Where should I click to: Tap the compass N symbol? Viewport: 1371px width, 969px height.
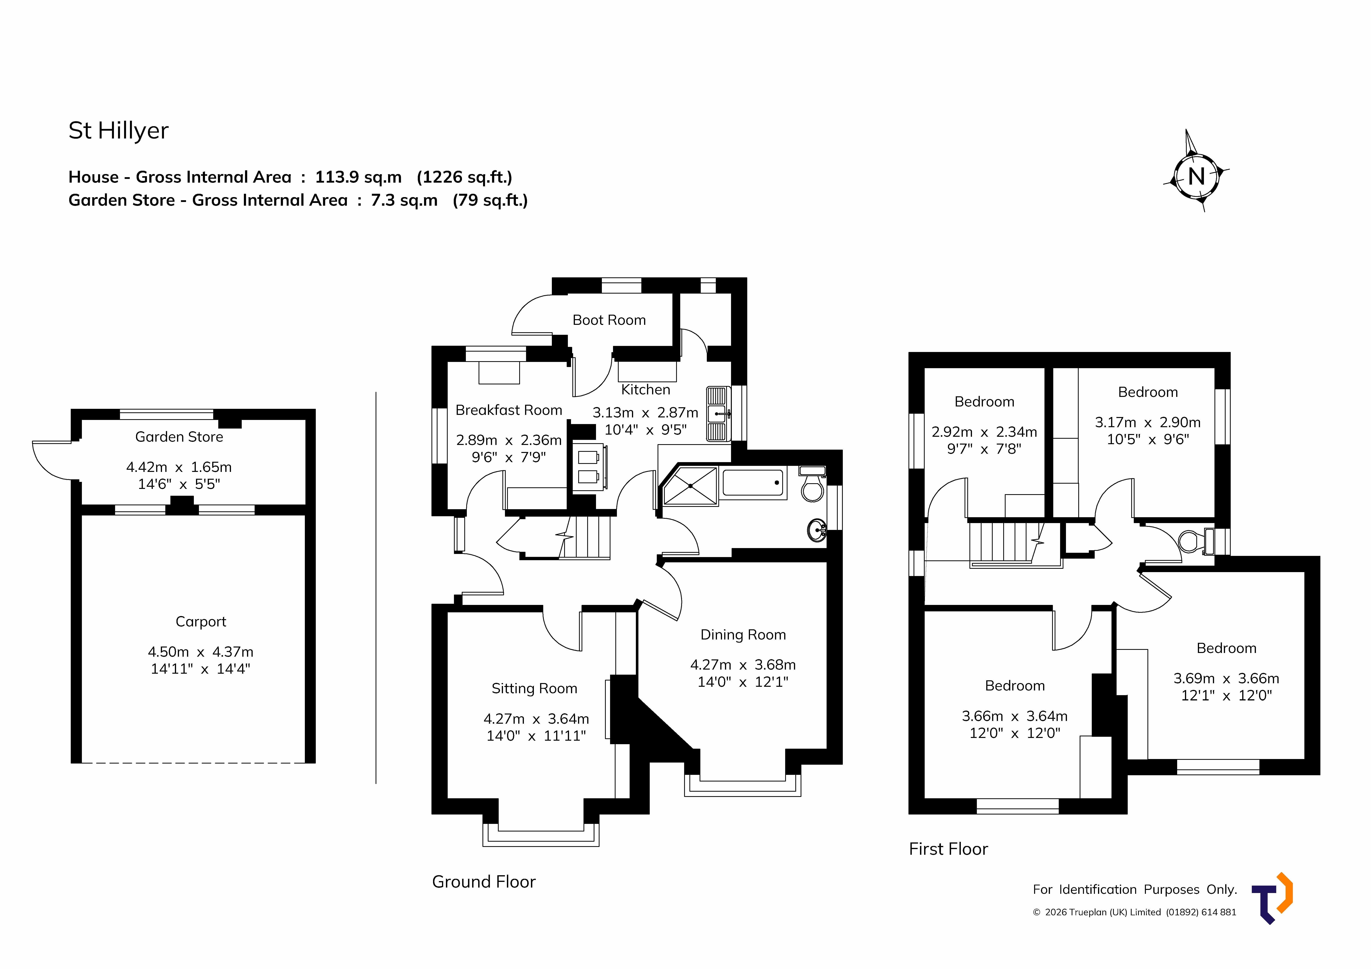pyautogui.click(x=1196, y=176)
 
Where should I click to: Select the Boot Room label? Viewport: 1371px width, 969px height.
pyautogui.click(x=609, y=320)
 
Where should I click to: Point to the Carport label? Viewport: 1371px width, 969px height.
pyautogui.click(x=201, y=622)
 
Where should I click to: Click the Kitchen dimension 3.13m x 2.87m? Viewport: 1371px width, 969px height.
pyautogui.click(x=645, y=413)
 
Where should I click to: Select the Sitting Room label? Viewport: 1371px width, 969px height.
pyautogui.click(x=534, y=688)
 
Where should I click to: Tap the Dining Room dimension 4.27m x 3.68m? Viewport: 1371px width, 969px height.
pyautogui.click(x=743, y=664)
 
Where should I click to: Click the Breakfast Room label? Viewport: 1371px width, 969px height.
pyautogui.click(x=509, y=410)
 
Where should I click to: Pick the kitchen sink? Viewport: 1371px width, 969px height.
pyautogui.click(x=718, y=414)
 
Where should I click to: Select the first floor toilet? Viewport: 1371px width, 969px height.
pyautogui.click(x=1196, y=541)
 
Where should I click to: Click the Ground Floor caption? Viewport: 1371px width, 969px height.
pyautogui.click(x=484, y=882)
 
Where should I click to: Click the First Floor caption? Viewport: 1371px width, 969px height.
pyautogui.click(x=948, y=849)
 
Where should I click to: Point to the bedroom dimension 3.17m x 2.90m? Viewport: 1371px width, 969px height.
pyautogui.click(x=1148, y=422)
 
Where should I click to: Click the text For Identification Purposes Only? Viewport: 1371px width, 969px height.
pyautogui.click(x=1135, y=890)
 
